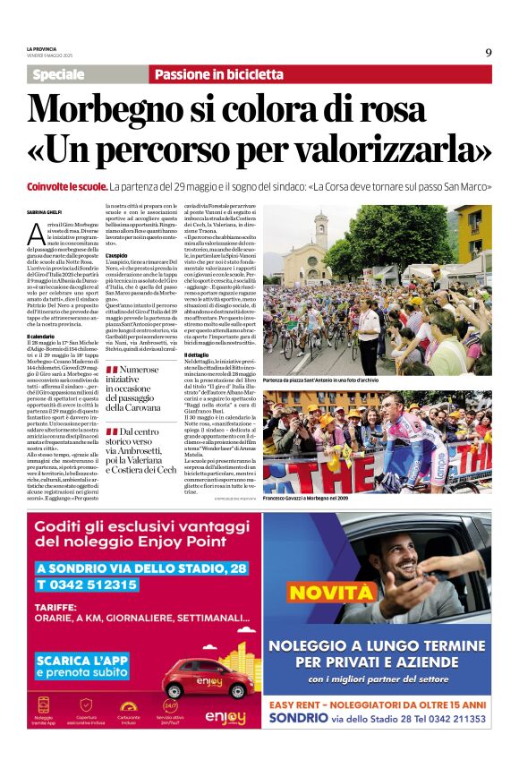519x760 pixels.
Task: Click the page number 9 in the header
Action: click(489, 52)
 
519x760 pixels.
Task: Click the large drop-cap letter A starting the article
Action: click(36, 235)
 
